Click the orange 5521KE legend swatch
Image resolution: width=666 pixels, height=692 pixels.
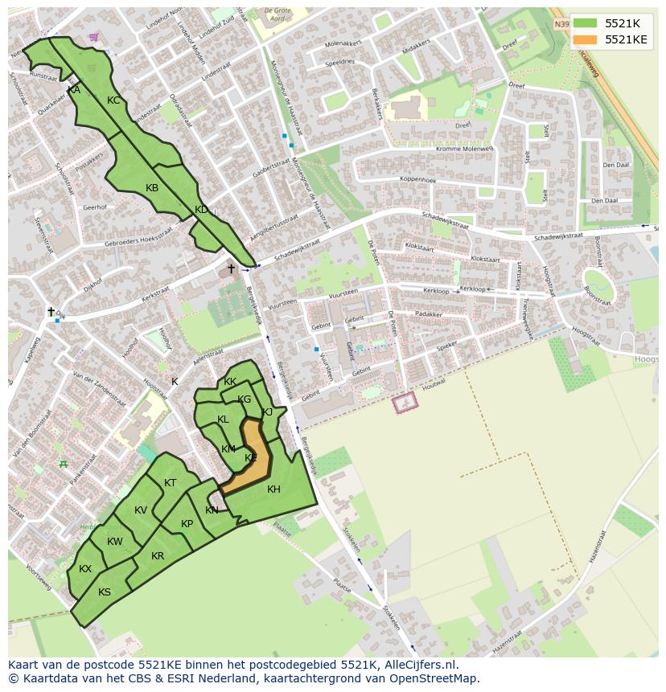click(x=586, y=39)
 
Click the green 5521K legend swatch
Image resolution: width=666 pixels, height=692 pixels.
click(x=586, y=23)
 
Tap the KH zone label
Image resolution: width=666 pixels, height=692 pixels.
click(x=273, y=489)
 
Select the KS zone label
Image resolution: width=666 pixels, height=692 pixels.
click(x=105, y=592)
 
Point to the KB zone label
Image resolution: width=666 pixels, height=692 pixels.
click(x=152, y=188)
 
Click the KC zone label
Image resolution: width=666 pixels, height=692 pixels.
click(x=113, y=100)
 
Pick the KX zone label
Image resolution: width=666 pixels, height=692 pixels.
click(x=85, y=569)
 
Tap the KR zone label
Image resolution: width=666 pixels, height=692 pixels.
click(x=158, y=556)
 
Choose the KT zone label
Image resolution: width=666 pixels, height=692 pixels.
click(x=170, y=483)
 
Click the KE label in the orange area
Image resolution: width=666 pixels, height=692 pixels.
click(x=251, y=458)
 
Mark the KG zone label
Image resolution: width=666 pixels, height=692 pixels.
click(x=245, y=399)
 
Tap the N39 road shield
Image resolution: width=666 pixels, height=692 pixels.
click(x=561, y=24)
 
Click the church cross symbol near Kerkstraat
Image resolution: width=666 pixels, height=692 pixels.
click(x=232, y=268)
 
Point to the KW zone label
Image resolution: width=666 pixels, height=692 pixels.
click(x=115, y=542)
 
